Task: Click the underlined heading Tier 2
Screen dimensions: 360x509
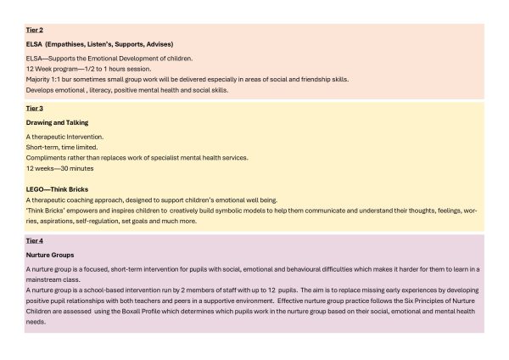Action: (35, 30)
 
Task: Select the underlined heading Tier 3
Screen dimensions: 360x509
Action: (35, 110)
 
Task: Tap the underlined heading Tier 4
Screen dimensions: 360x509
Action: (35, 241)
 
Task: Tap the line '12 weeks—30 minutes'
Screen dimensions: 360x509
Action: (61, 169)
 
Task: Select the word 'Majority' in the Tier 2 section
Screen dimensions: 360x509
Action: (40, 79)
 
